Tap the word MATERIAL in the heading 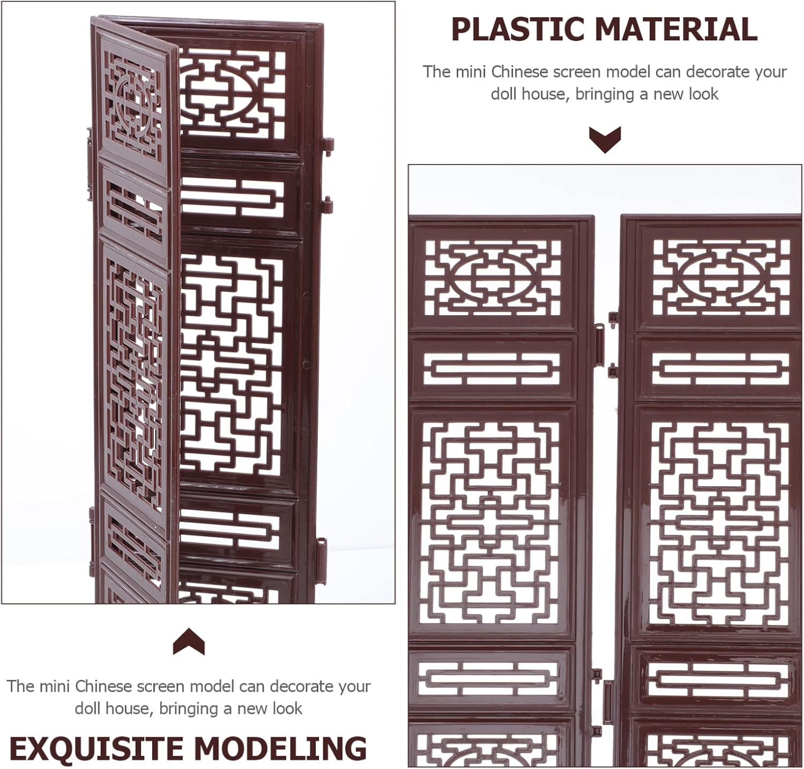point(676,29)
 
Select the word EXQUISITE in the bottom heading point(96,749)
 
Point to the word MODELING point(280,749)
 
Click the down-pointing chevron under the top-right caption point(605,139)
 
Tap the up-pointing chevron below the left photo point(189,641)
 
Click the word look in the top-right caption point(702,94)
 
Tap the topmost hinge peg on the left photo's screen point(327,145)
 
